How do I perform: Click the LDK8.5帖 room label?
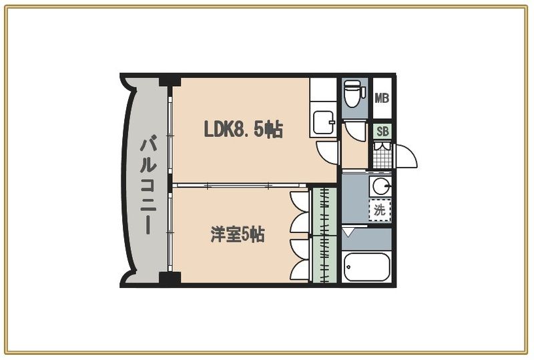(x=243, y=129)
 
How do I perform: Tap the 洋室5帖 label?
(x=238, y=234)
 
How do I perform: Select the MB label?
(x=382, y=99)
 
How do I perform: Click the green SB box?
(x=382, y=132)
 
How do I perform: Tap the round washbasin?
(x=381, y=185)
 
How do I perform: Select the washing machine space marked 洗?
(x=380, y=210)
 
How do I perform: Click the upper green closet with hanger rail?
(x=325, y=210)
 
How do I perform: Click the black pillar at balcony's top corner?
(x=170, y=81)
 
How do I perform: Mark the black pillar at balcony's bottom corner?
(x=170, y=279)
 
